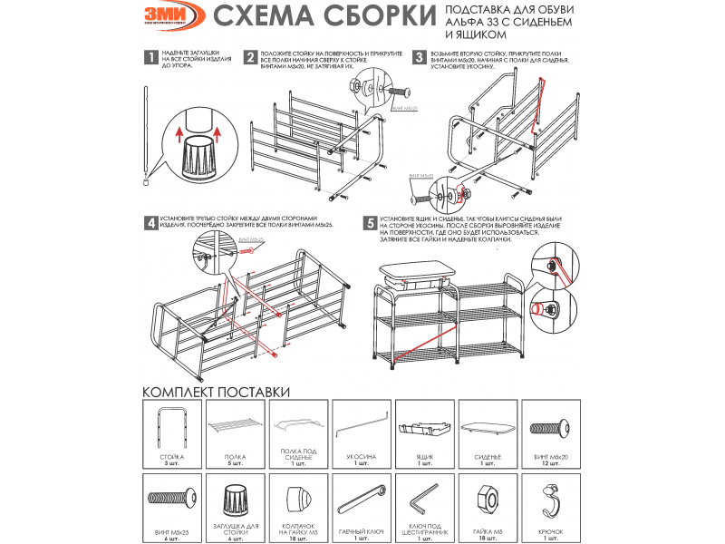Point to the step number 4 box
pos(150,222)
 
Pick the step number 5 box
pos(370,222)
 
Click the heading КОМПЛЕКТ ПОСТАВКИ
pos(216,392)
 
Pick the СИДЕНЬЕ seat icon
pos(488,427)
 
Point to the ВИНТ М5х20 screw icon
pos(552,427)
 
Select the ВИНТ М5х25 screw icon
pos(171,498)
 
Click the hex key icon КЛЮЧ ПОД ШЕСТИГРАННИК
pos(424,500)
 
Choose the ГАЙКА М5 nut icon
pos(488,499)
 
